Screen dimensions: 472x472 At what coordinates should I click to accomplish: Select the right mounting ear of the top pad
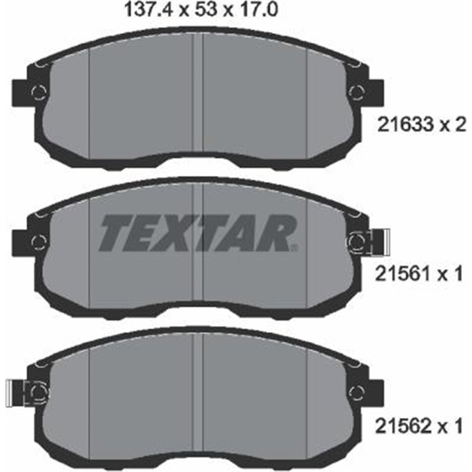click(376, 91)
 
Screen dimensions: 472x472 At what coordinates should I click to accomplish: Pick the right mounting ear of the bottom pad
click(376, 390)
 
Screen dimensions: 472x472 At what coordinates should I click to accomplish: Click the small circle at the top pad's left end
click(37, 91)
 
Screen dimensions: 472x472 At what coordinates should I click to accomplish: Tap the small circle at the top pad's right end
click(356, 91)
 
